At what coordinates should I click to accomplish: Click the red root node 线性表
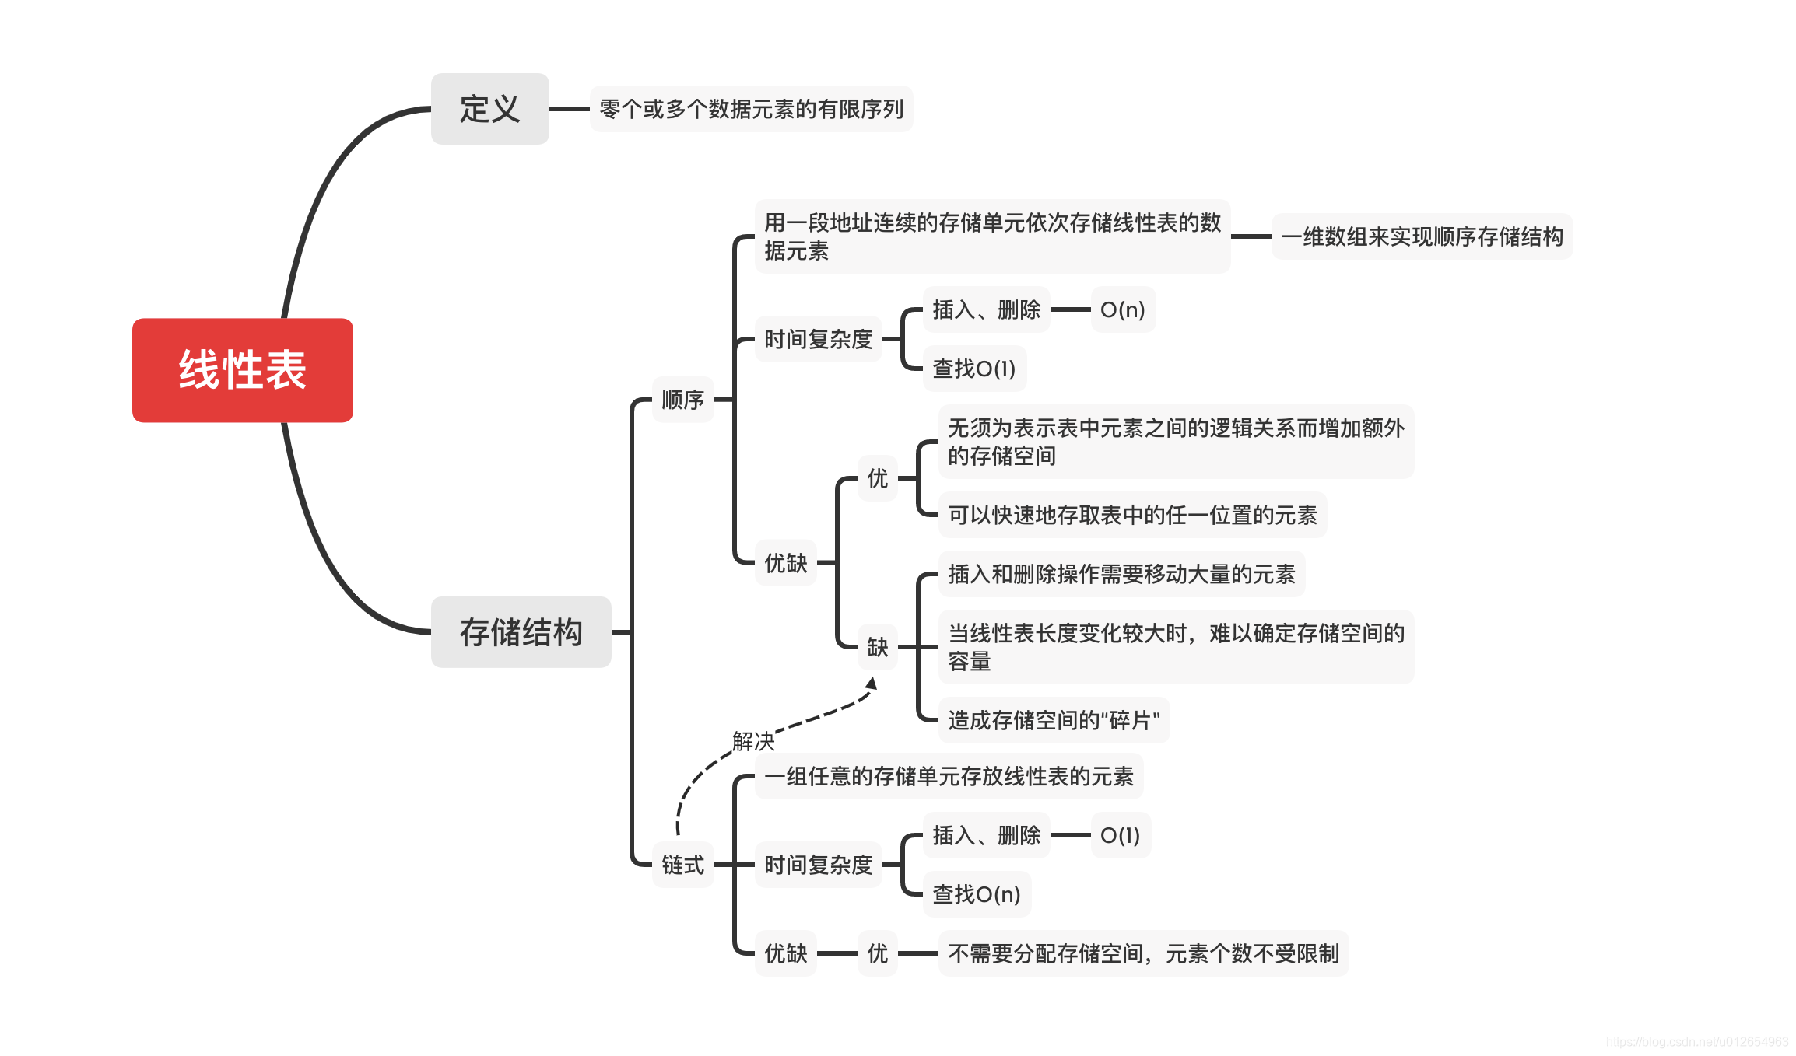(x=242, y=370)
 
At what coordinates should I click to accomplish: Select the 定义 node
(x=489, y=109)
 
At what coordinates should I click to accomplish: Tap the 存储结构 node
(x=521, y=631)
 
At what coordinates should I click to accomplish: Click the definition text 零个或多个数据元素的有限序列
(x=751, y=109)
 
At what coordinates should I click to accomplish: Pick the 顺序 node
(x=682, y=400)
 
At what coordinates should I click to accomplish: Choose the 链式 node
(x=682, y=865)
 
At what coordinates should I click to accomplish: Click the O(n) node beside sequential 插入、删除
(x=1122, y=309)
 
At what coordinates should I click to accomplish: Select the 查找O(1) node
(x=974, y=369)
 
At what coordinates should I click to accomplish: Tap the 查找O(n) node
(x=977, y=894)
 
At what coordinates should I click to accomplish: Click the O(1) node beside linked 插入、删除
(x=1120, y=835)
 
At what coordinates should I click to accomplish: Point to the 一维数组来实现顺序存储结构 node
(x=1422, y=236)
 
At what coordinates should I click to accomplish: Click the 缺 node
(x=877, y=647)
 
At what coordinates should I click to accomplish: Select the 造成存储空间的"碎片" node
(x=1054, y=720)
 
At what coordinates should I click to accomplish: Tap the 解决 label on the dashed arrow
(x=753, y=741)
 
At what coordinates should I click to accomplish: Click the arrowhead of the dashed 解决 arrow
(x=872, y=684)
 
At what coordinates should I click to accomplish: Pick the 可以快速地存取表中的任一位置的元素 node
(x=1132, y=515)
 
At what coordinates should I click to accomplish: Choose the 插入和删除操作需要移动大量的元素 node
(x=1121, y=574)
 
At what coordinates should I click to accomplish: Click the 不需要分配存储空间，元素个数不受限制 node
(x=1143, y=953)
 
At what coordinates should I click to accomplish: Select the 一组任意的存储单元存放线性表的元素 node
(x=949, y=776)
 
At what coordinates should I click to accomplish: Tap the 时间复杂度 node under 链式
(x=818, y=865)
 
